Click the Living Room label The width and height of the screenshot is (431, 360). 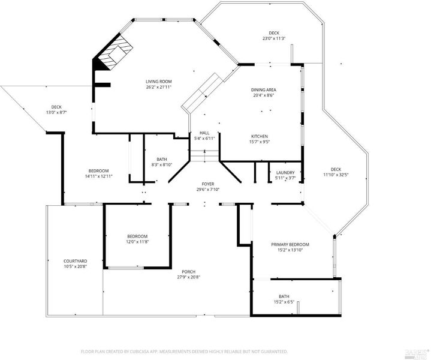[x=159, y=82]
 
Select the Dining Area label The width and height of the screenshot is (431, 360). [x=264, y=90]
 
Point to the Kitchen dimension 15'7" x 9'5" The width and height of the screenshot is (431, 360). [x=260, y=142]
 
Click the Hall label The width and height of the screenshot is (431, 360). [x=204, y=133]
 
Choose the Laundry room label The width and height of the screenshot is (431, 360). [x=285, y=173]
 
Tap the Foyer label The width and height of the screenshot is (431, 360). [x=208, y=184]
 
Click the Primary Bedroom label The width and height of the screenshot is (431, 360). [x=290, y=244]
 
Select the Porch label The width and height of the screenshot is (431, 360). [x=189, y=272]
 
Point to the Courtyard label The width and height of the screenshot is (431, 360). [x=76, y=261]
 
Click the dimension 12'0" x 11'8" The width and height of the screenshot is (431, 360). [x=137, y=242]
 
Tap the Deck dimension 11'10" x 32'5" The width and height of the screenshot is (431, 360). [x=336, y=175]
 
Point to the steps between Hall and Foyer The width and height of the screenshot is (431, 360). [x=204, y=156]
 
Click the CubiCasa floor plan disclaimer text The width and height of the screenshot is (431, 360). [x=184, y=352]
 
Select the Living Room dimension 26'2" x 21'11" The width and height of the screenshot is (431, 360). [x=159, y=87]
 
